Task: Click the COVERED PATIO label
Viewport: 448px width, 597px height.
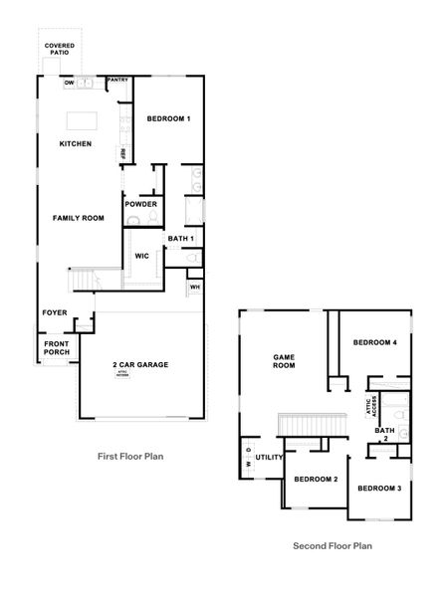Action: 60,52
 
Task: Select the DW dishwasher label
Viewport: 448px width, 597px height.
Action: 69,84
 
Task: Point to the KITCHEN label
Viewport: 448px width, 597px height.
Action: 75,144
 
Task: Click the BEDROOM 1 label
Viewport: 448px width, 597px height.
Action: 168,119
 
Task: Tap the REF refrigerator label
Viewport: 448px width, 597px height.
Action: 124,154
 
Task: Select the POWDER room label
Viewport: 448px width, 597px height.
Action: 140,205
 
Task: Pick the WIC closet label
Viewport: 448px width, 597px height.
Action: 141,256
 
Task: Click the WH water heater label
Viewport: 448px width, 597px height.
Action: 194,289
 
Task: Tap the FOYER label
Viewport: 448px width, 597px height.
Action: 55,312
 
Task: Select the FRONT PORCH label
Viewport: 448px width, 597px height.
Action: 56,350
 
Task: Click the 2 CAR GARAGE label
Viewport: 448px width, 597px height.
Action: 139,365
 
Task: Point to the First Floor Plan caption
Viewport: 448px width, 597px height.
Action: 129,457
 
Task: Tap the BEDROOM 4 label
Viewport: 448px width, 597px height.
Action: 375,343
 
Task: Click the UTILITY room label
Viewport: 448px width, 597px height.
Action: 270,458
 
